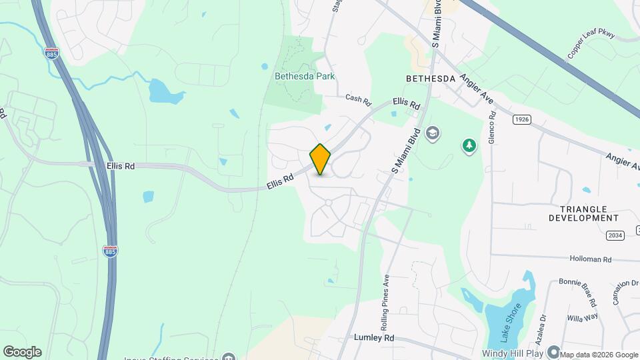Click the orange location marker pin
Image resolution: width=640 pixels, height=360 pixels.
pos(320,159)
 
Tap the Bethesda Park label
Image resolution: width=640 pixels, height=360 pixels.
pos(305,76)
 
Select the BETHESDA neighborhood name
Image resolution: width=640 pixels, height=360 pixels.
pos(431,79)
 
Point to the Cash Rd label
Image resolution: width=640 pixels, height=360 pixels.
pos(357,99)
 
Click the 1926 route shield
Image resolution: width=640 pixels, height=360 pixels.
pos(521,119)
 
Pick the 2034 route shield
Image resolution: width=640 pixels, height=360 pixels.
pos(615,235)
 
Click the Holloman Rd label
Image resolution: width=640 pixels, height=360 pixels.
pos(590,258)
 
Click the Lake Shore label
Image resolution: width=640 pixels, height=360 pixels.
pos(507,321)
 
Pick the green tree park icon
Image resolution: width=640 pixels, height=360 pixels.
pos(469,145)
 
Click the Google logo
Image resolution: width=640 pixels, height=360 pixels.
pos(22,351)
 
